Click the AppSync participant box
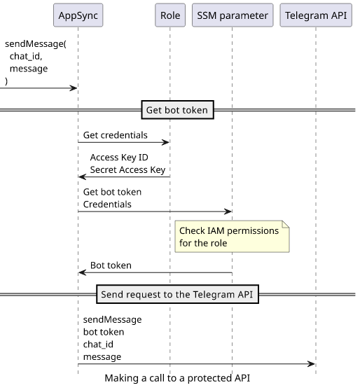[78, 15]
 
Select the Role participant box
[170, 15]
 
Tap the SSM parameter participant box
[233, 15]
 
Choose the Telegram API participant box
[316, 15]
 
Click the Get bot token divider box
[177, 110]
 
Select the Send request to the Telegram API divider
[177, 294]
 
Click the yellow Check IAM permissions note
[232, 237]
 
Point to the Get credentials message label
[115, 135]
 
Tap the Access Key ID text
[119, 158]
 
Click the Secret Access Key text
[127, 170]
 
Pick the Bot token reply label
[111, 265]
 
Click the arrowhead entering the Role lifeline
[166, 142]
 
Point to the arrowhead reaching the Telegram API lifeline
[312, 364]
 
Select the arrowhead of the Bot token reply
[82, 272]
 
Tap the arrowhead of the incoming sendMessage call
[74, 88]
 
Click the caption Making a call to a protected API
[177, 378]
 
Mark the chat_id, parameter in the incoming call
[26, 57]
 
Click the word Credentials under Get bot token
[107, 204]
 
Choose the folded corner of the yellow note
[286, 224]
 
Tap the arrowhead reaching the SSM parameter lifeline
[228, 211]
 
